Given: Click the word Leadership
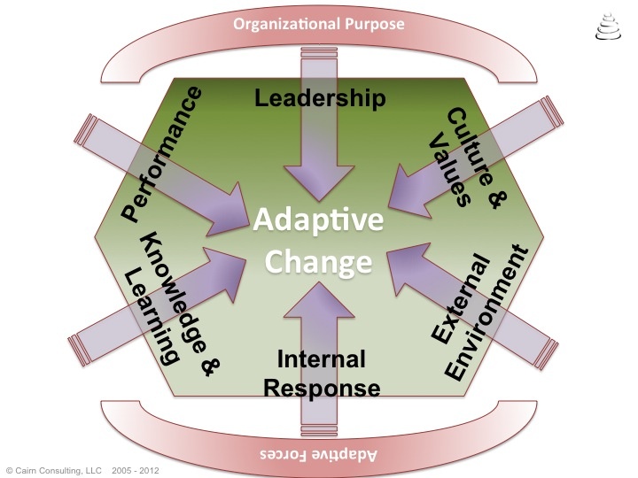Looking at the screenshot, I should pos(320,96).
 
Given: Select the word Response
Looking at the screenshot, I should pos(323,388).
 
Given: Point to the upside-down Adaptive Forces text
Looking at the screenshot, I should pos(320,454).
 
